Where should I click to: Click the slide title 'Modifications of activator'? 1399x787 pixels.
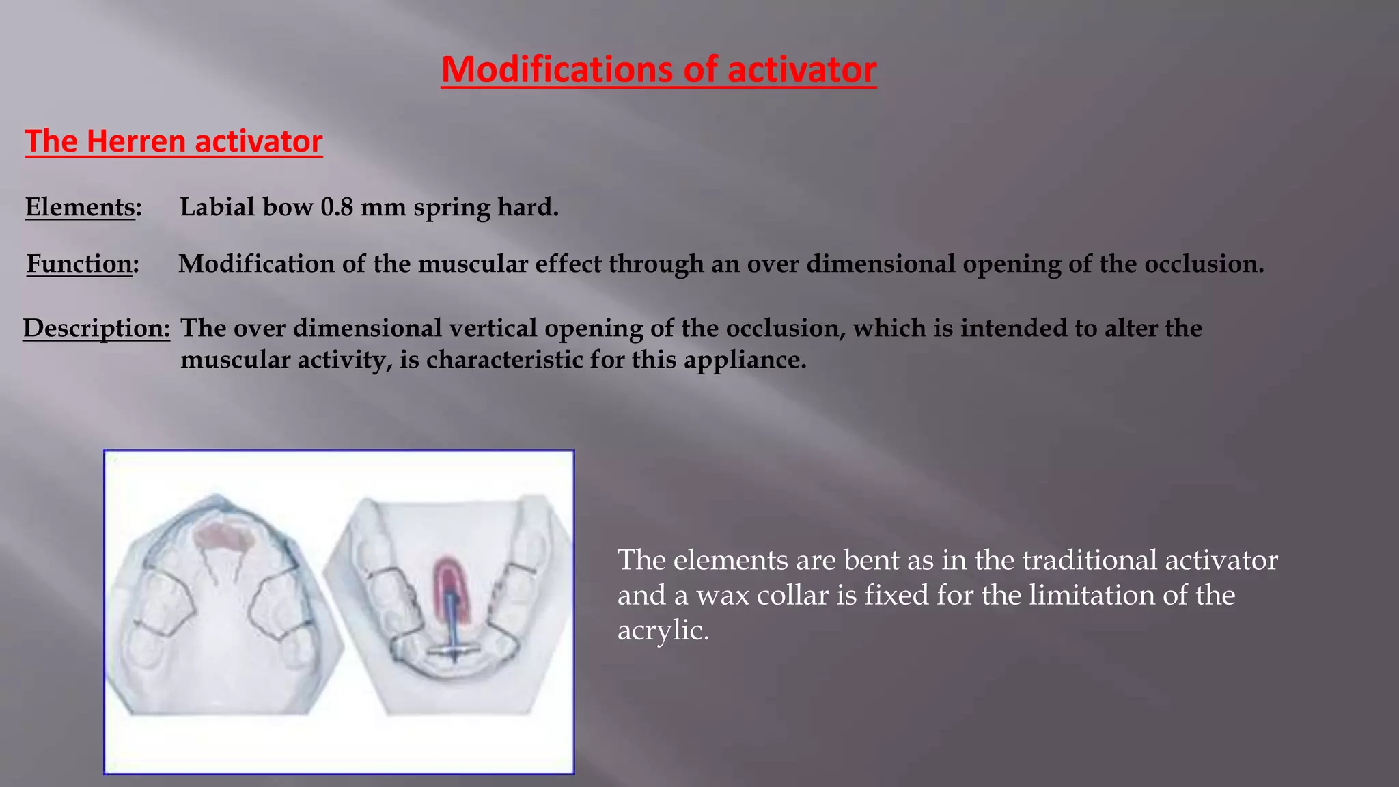tap(659, 70)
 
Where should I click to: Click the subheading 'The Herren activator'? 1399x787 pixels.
tap(174, 141)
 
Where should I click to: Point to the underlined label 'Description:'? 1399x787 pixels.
tap(96, 328)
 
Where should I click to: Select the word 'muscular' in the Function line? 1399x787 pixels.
tap(473, 264)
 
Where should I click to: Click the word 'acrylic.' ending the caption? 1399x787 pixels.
tap(663, 630)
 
